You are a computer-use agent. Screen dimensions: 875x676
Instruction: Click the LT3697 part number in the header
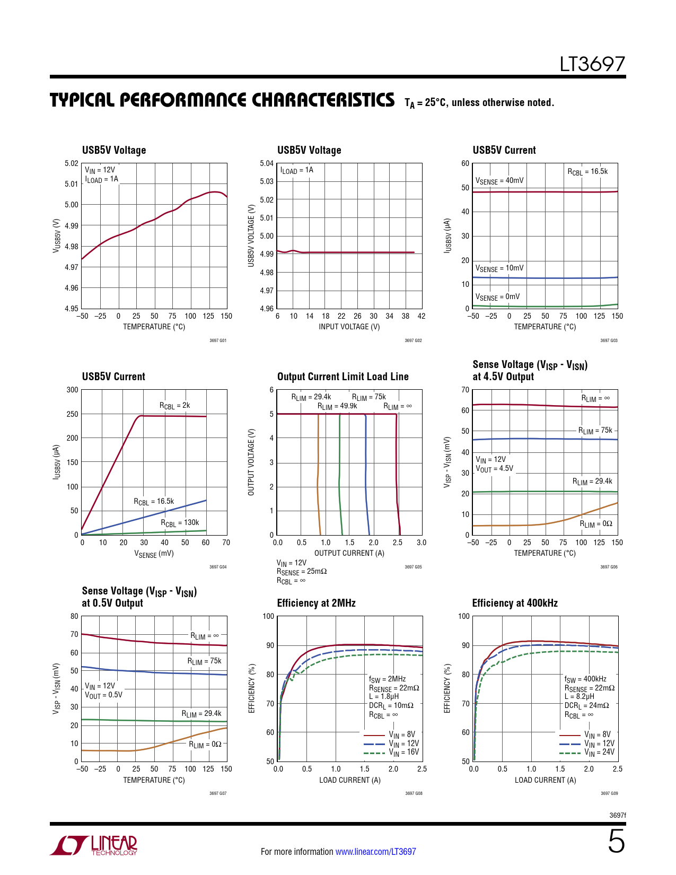tap(592, 64)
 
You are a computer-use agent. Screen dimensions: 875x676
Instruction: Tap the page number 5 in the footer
tap(616, 842)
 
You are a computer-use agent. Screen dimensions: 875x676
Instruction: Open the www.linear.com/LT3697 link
tap(375, 852)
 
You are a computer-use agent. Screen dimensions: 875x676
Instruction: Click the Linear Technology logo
tap(94, 845)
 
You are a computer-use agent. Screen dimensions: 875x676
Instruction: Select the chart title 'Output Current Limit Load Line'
tap(343, 377)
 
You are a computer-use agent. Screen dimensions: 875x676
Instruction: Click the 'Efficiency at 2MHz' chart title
tap(316, 603)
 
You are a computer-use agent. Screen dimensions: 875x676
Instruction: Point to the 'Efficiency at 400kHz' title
tap(514, 603)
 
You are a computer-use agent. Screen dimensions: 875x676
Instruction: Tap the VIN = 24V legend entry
tap(599, 752)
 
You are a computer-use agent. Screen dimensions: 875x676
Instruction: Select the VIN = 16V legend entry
tap(403, 752)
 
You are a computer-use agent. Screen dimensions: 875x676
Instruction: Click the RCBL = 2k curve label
tap(174, 406)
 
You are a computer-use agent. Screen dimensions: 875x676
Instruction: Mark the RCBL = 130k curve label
tap(180, 523)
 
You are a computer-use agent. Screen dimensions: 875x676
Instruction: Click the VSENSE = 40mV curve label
tap(499, 181)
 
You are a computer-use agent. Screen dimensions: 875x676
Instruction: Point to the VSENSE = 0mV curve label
tap(497, 297)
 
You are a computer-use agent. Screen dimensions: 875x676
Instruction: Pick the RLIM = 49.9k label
tap(337, 407)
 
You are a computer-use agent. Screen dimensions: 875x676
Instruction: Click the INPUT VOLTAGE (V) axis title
tap(349, 327)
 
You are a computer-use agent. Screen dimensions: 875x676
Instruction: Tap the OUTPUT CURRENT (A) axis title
tap(349, 553)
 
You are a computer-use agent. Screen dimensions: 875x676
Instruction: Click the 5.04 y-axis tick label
tap(267, 163)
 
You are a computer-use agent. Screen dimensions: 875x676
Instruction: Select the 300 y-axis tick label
tap(72, 390)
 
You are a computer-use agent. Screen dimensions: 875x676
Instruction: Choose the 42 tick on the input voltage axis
tap(422, 316)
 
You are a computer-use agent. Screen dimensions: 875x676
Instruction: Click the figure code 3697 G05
tap(413, 567)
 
